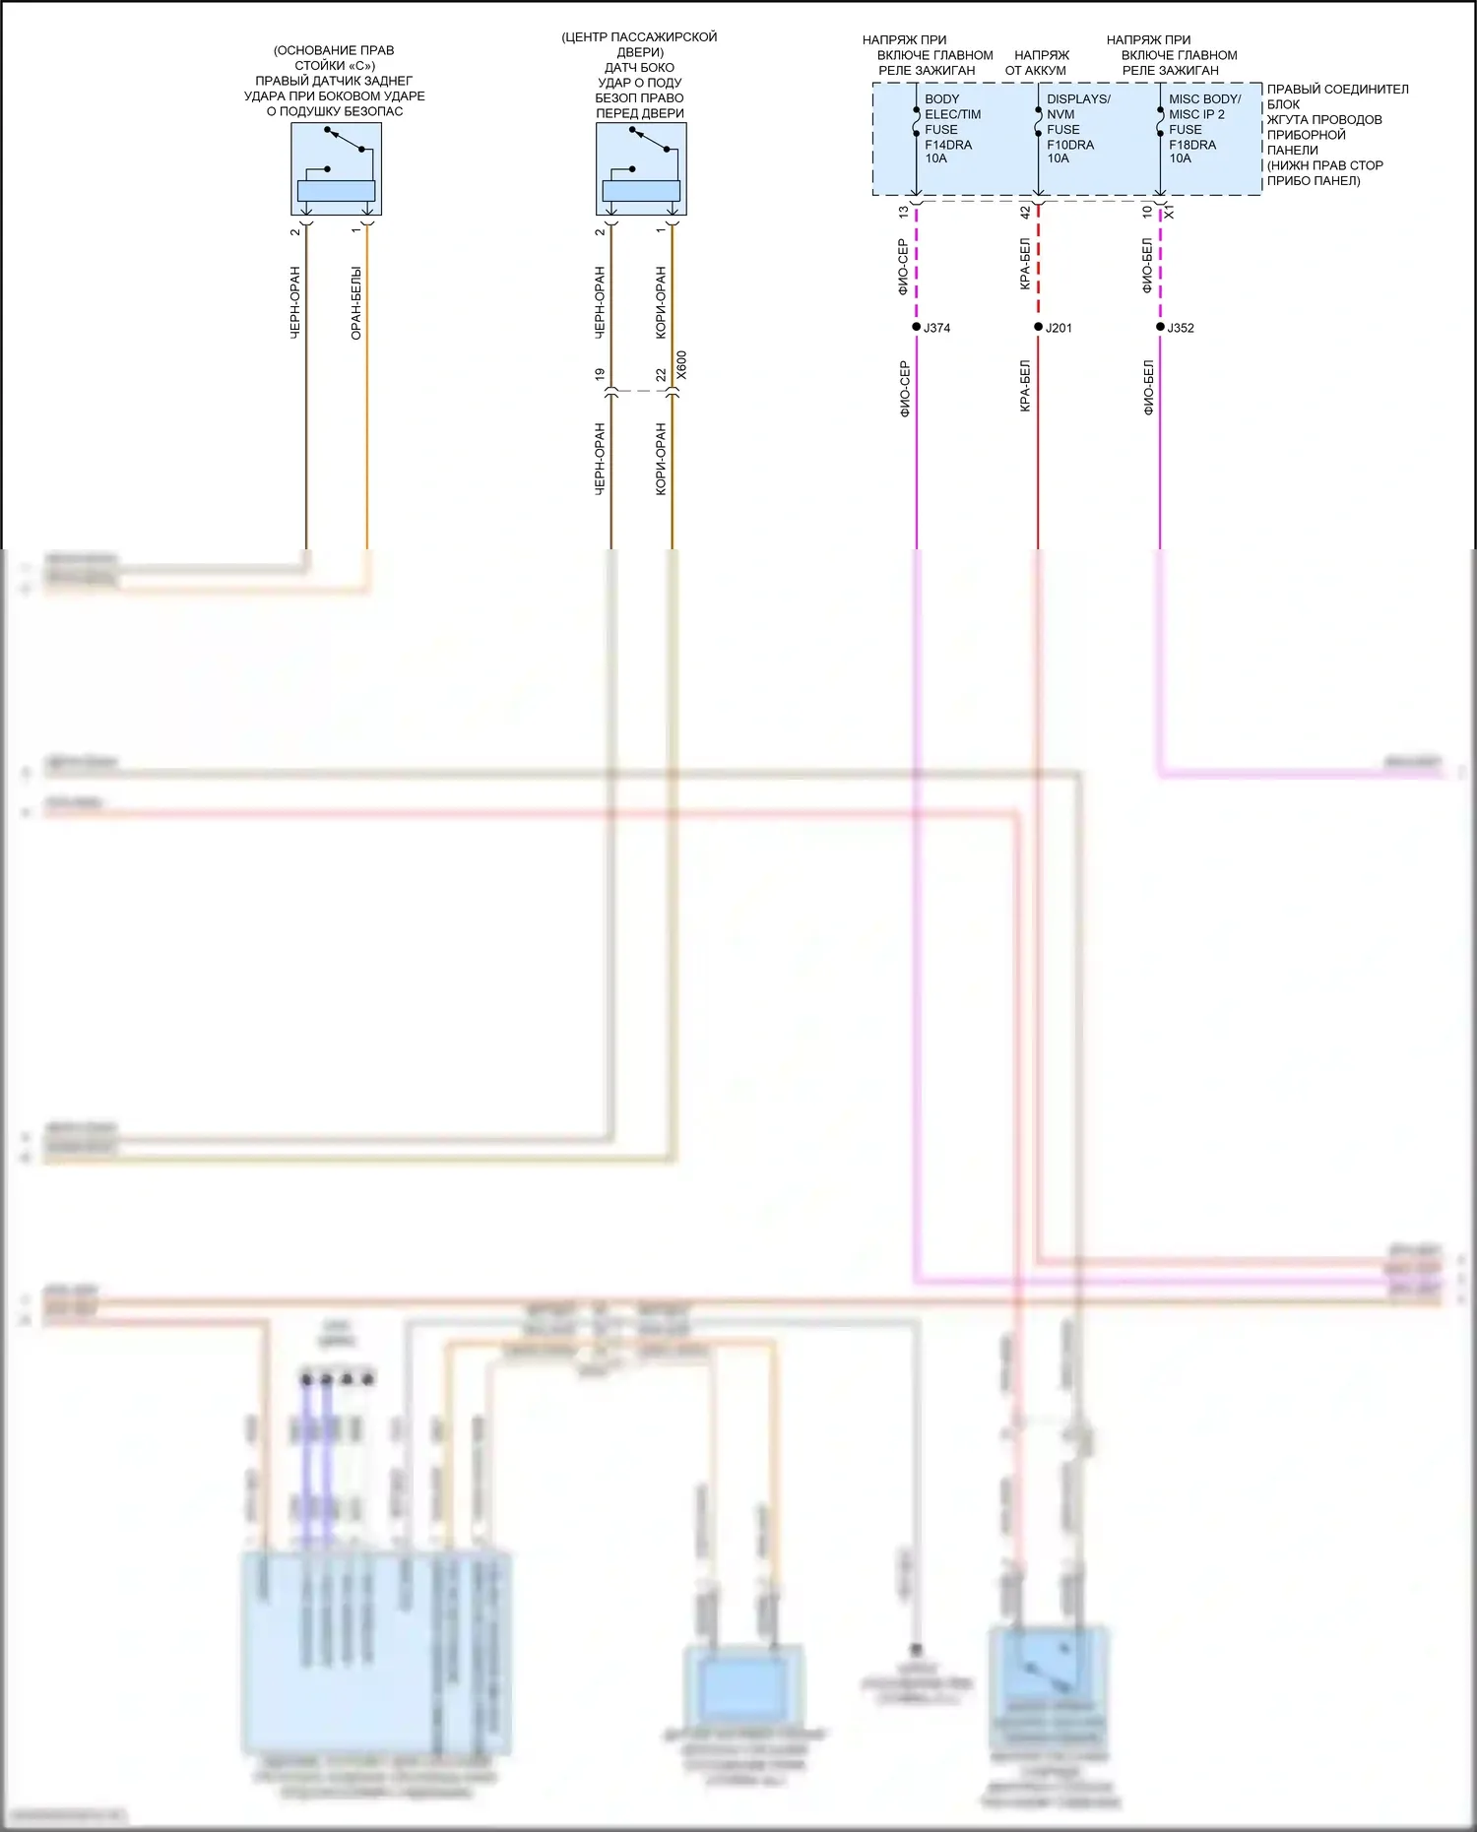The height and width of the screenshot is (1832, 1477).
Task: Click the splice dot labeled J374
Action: click(x=916, y=327)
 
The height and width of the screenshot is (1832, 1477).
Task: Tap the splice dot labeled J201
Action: click(x=1038, y=327)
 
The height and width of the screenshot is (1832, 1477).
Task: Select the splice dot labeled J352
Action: click(x=1160, y=327)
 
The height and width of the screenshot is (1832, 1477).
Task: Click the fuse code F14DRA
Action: click(x=947, y=145)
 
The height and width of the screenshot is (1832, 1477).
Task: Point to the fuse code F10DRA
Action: click(x=1069, y=145)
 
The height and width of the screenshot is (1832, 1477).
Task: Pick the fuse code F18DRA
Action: click(x=1191, y=145)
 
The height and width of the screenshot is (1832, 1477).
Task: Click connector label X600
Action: click(x=682, y=365)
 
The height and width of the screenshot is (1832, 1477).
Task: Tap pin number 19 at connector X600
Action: click(x=600, y=375)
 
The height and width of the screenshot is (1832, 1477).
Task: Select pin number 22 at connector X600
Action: click(x=661, y=375)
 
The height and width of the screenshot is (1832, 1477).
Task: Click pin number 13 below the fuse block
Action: click(x=904, y=212)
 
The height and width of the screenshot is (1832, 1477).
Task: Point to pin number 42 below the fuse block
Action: click(x=1025, y=212)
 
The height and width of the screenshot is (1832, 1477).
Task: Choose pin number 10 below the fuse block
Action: click(x=1147, y=212)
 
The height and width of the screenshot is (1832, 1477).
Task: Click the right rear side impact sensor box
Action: click(x=336, y=169)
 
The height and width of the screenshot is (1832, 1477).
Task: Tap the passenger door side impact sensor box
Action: click(x=641, y=169)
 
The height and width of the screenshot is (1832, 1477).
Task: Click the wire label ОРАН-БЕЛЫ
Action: click(x=356, y=303)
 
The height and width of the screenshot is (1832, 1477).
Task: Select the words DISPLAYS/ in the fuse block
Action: click(x=1078, y=99)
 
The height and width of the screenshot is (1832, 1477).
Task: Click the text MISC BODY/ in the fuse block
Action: click(x=1204, y=99)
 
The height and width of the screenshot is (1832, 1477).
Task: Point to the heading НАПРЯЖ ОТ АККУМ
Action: click(x=1038, y=63)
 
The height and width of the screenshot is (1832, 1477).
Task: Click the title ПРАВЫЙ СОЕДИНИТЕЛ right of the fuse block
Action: click(x=1337, y=90)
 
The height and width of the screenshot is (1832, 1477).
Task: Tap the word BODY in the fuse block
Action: click(x=941, y=99)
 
